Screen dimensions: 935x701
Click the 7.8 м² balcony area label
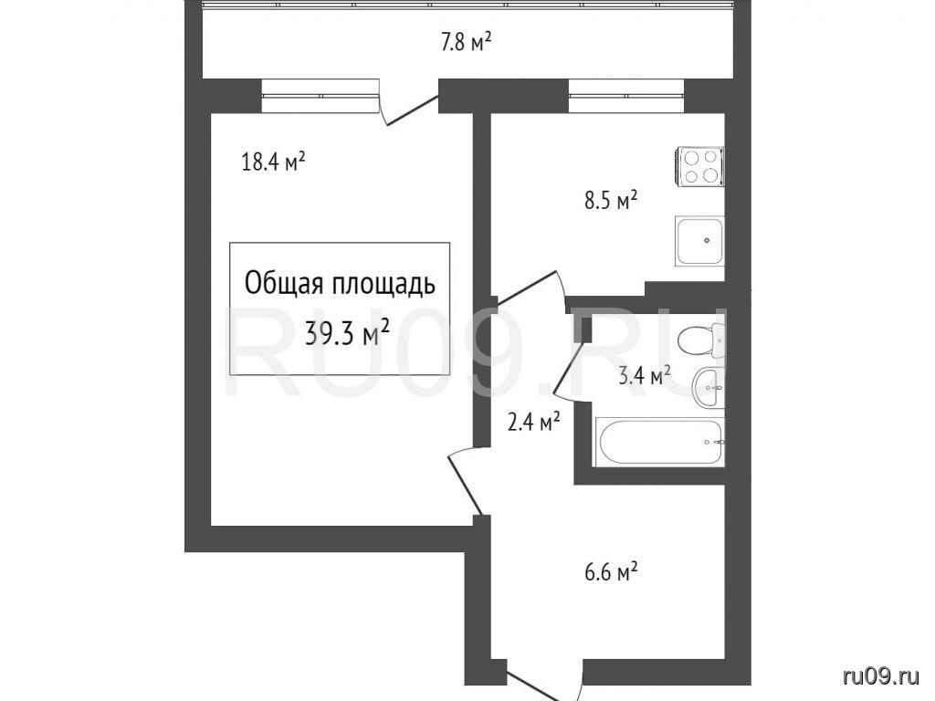click(466, 42)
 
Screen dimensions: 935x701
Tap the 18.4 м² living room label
click(274, 162)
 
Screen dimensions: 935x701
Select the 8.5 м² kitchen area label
click(611, 201)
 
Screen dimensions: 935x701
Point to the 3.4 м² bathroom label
click(646, 376)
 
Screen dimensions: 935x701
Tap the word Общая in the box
click(283, 285)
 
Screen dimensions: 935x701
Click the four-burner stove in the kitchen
click(700, 166)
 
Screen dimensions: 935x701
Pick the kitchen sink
click(700, 241)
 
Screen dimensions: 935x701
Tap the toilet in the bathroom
click(702, 340)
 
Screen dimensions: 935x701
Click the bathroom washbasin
click(709, 388)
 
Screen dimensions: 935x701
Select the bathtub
click(659, 443)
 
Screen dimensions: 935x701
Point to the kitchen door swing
click(531, 289)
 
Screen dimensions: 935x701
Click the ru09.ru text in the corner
click(882, 676)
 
